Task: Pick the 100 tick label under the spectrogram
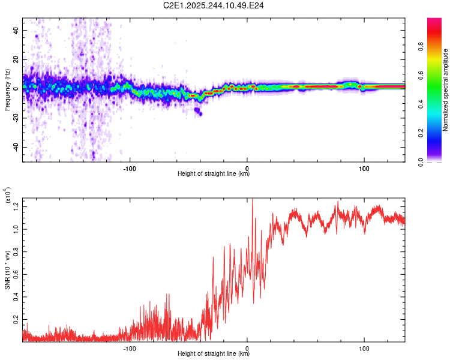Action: point(364,169)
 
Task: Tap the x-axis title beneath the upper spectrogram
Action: point(214,174)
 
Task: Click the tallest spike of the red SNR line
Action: point(252,199)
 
